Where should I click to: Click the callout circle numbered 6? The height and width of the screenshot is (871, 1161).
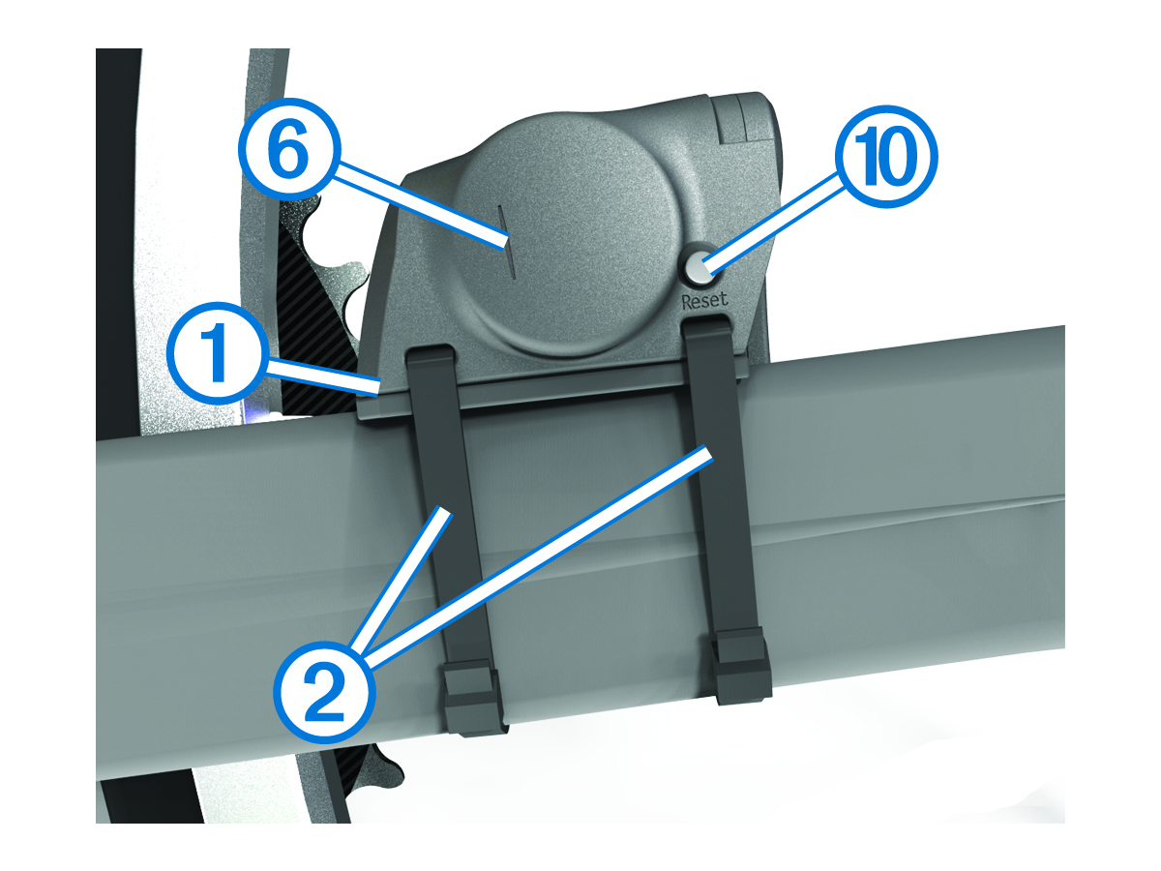click(x=289, y=150)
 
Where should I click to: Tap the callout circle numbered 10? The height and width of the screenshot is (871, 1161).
click(x=886, y=157)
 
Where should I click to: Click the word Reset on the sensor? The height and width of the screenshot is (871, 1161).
click(x=704, y=300)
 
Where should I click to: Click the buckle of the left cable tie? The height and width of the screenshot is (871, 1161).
click(x=472, y=696)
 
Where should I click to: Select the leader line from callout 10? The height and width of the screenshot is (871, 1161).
click(x=772, y=222)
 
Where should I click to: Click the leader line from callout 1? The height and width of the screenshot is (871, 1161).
click(x=322, y=377)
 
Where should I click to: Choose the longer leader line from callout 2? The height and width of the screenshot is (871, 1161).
click(x=537, y=557)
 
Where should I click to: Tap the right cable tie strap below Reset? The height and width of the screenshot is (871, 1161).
click(x=721, y=476)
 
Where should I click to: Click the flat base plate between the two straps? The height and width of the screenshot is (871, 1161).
click(x=574, y=385)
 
